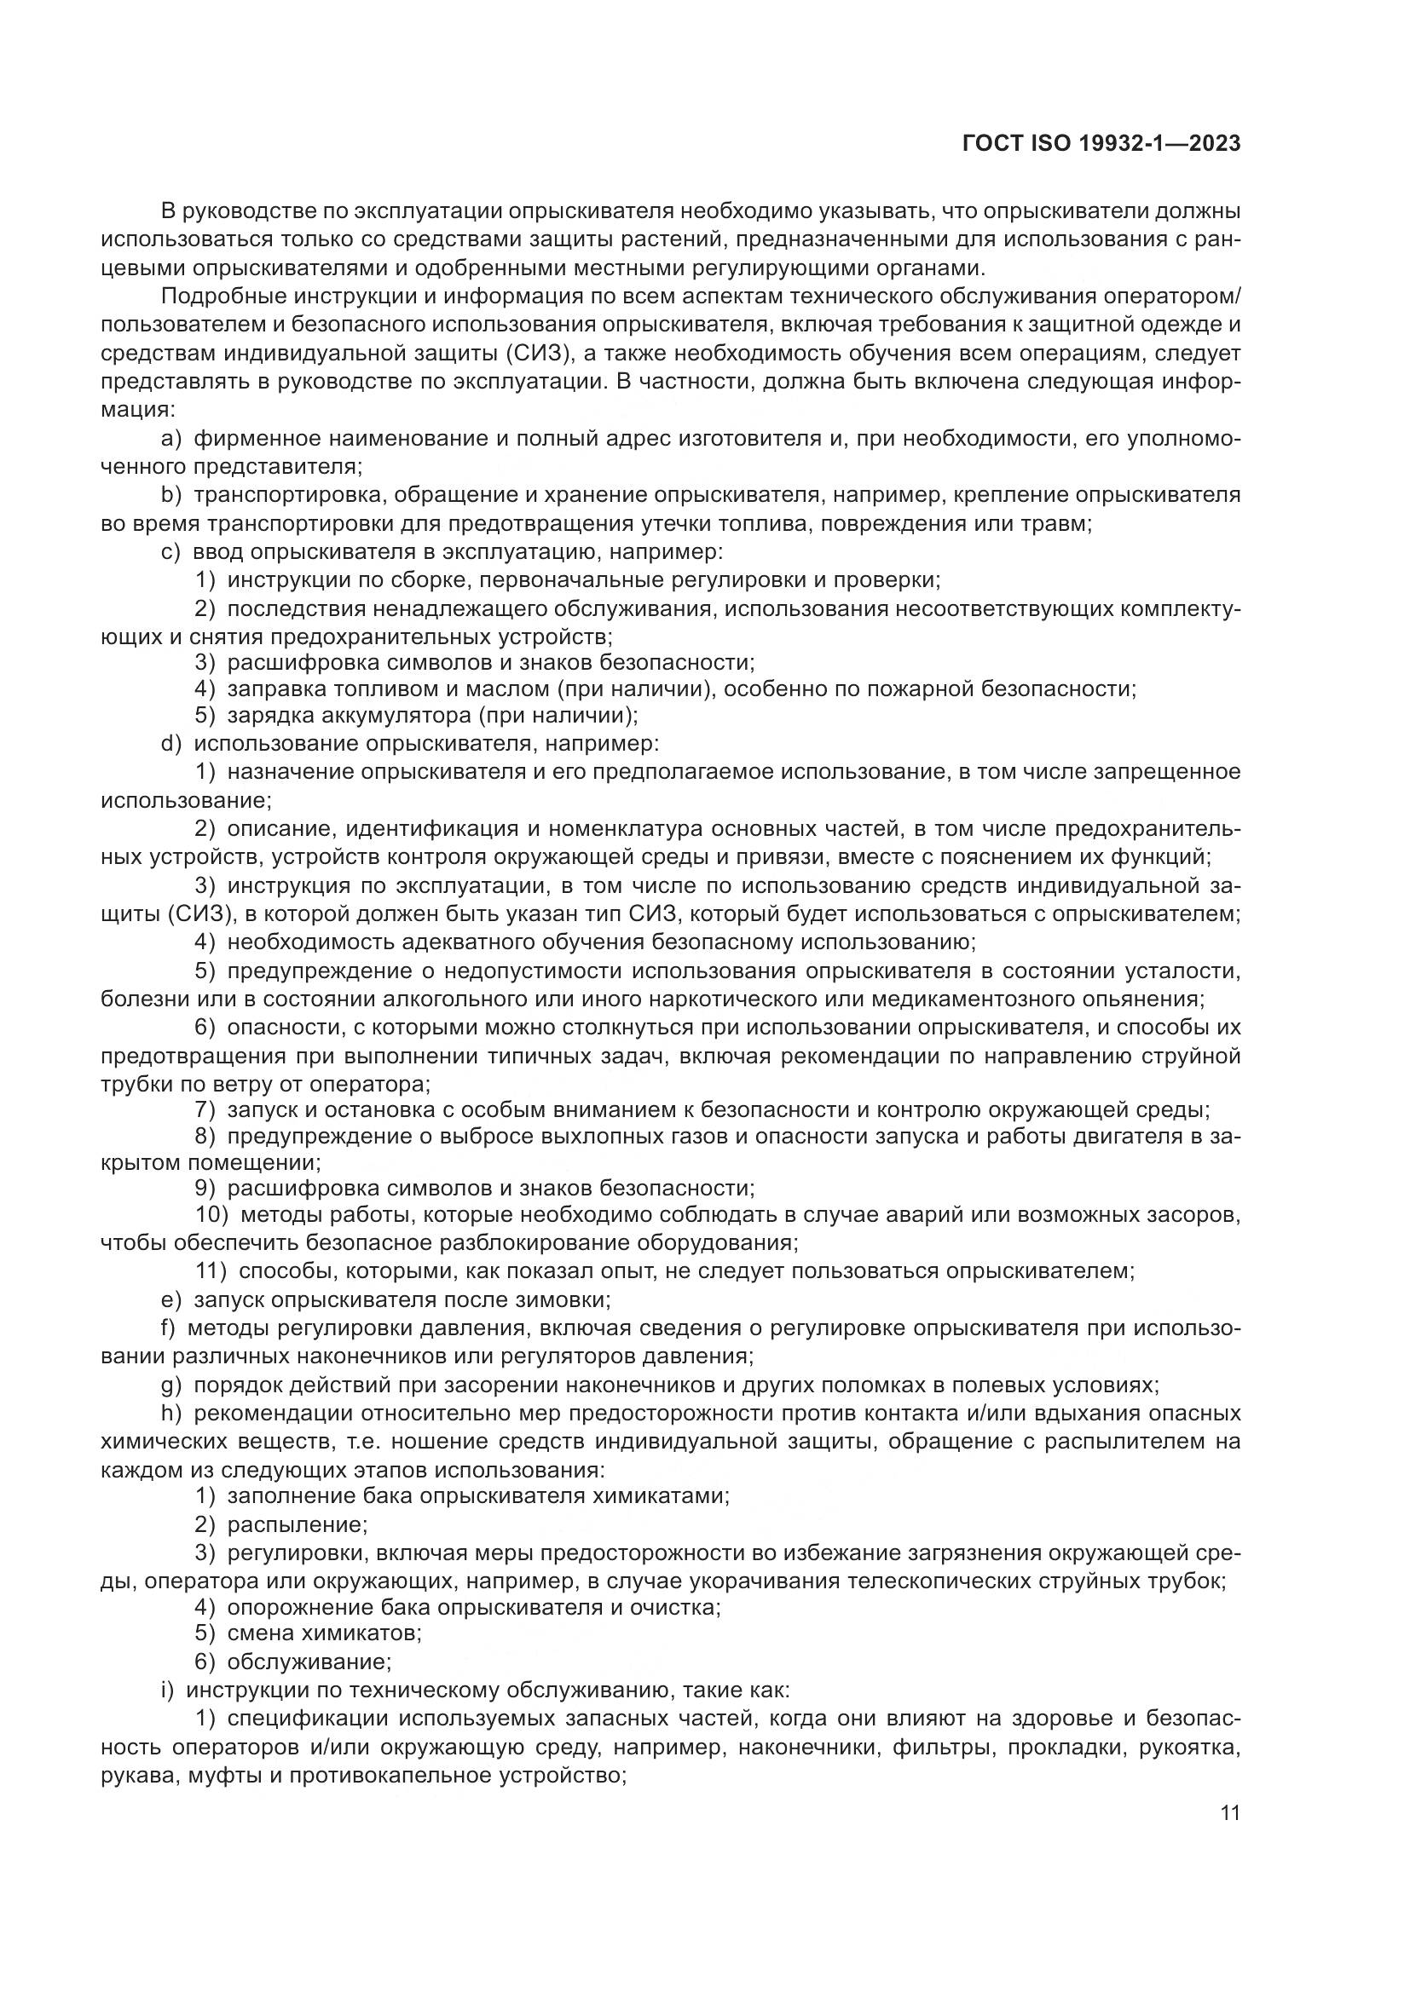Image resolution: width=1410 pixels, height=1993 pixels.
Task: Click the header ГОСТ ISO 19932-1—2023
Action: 1101,144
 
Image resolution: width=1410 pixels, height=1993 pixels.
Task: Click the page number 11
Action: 1229,1812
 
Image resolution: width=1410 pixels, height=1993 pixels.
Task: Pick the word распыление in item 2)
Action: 297,1525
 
